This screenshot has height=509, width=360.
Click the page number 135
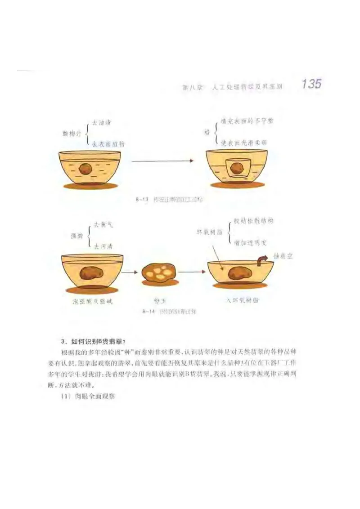pos(311,84)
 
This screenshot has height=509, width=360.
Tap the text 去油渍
pos(101,122)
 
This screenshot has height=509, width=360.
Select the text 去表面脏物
pos(108,144)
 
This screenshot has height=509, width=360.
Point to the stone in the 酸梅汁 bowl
pos(86,169)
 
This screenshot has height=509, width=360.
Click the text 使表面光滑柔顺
pos(244,142)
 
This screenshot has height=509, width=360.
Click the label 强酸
pos(76,235)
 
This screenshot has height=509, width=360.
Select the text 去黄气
pos(103,224)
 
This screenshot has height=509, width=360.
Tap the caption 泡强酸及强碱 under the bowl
pos(92,301)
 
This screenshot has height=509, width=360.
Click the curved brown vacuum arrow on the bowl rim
pos(261,260)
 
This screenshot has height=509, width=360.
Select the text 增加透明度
pos(250,243)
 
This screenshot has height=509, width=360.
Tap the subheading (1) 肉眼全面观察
pos(89,397)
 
